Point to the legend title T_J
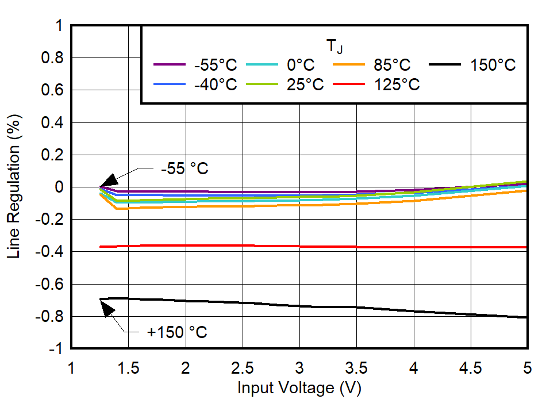[x=334, y=47]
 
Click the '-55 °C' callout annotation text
[x=184, y=170]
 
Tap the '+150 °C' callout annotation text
[x=177, y=332]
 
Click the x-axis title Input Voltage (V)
[x=299, y=388]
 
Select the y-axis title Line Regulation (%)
[x=14, y=187]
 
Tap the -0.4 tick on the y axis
[x=51, y=252]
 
